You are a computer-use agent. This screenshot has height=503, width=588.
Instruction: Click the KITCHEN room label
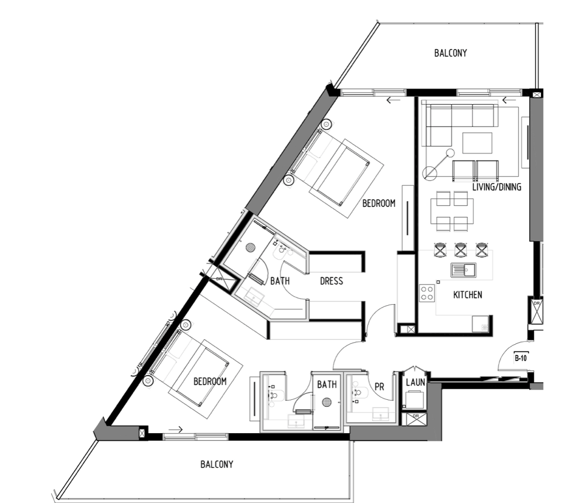coord(468,295)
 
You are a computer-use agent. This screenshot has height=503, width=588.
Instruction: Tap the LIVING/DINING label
coord(496,187)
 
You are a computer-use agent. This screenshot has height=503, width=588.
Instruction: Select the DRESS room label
coord(331,281)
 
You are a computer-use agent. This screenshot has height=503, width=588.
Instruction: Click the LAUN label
coord(415,382)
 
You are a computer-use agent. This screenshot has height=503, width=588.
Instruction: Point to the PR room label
coord(380,387)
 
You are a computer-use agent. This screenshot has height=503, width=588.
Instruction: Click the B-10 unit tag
coord(521,358)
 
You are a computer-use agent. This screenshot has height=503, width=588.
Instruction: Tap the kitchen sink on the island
coord(464,270)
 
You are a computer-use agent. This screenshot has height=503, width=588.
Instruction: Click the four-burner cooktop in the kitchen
coord(427,293)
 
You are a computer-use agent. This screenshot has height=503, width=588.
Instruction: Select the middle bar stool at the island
coord(461,250)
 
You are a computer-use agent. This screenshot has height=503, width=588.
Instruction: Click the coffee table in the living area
coord(477,143)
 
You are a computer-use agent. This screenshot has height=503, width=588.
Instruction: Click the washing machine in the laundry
coord(414,400)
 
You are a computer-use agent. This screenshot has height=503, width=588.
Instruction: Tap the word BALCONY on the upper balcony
coord(450,53)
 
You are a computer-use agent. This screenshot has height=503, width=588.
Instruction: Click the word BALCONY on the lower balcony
coord(217,465)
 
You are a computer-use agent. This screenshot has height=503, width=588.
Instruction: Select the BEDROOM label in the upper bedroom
coord(379,203)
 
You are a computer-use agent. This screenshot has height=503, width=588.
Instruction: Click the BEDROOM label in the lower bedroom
coord(210,382)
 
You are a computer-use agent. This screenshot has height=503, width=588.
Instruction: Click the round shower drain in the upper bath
coord(250,247)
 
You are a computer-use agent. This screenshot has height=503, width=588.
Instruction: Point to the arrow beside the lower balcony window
coord(176,430)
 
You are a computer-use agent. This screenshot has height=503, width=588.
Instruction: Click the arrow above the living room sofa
coord(509,100)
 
